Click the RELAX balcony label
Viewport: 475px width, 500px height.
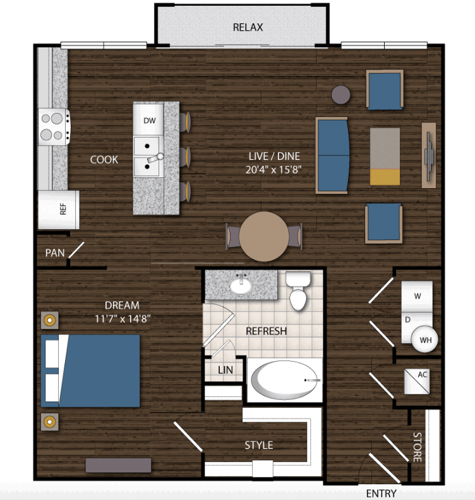click(248, 27)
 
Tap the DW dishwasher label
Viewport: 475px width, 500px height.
click(149, 121)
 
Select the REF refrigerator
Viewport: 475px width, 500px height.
click(59, 210)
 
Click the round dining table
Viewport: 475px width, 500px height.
click(264, 237)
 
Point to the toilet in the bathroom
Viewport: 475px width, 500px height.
click(298, 290)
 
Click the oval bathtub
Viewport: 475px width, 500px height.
click(284, 380)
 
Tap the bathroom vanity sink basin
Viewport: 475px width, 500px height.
click(241, 287)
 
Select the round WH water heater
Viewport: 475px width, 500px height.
click(424, 339)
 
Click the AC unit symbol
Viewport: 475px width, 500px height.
click(417, 381)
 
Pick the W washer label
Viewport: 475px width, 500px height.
click(418, 296)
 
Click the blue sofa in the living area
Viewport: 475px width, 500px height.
click(332, 155)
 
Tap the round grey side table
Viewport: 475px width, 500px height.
click(340, 95)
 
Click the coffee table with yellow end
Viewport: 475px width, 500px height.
click(385, 157)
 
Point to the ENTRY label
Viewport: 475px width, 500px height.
click(382, 493)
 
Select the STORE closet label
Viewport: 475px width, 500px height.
click(418, 447)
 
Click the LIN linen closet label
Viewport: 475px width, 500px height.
click(225, 370)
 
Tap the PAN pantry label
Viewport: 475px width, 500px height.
click(55, 253)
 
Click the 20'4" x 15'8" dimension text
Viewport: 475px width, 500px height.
click(274, 170)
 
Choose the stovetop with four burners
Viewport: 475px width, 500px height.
click(54, 127)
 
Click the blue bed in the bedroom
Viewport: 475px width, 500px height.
click(90, 371)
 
